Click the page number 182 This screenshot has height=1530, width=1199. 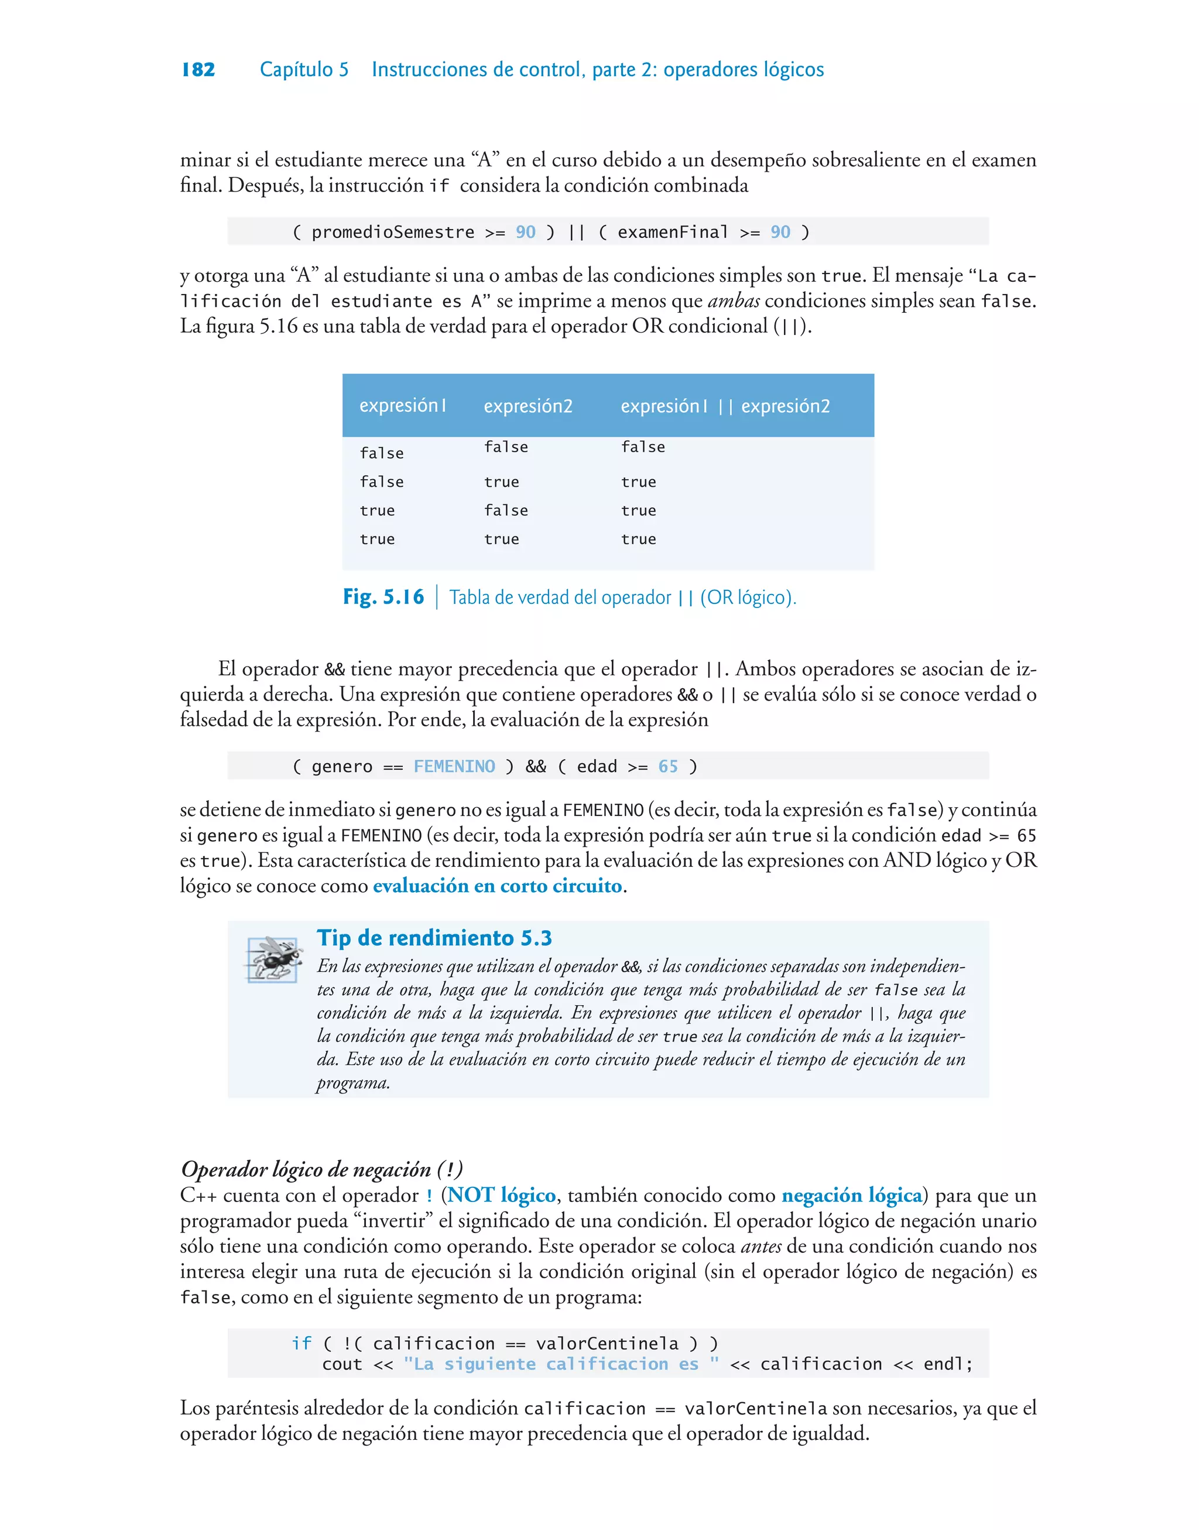pyautogui.click(x=198, y=70)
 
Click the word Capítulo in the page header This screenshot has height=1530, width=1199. pyautogui.click(x=296, y=70)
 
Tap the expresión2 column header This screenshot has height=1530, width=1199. pyautogui.click(x=528, y=406)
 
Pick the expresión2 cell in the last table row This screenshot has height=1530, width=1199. pyautogui.click(x=501, y=539)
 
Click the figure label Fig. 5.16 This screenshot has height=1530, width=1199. pyautogui.click(x=383, y=597)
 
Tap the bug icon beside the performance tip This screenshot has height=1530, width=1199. pyautogui.click(x=273, y=958)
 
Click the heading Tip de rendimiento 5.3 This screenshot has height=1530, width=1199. pyautogui.click(x=434, y=937)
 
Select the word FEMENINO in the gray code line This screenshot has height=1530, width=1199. pyautogui.click(x=454, y=766)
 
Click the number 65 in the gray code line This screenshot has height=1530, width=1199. pyautogui.click(x=667, y=766)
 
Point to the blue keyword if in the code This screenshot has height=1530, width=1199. pyautogui.click(x=301, y=1343)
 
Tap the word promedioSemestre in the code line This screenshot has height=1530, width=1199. pyautogui.click(x=392, y=232)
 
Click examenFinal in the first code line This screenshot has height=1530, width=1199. pyautogui.click(x=673, y=232)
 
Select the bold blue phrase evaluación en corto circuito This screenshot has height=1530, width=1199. pyautogui.click(x=497, y=886)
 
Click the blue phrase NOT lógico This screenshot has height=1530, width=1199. pyautogui.click(x=501, y=1195)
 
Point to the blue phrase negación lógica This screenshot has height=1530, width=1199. pyautogui.click(x=851, y=1195)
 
